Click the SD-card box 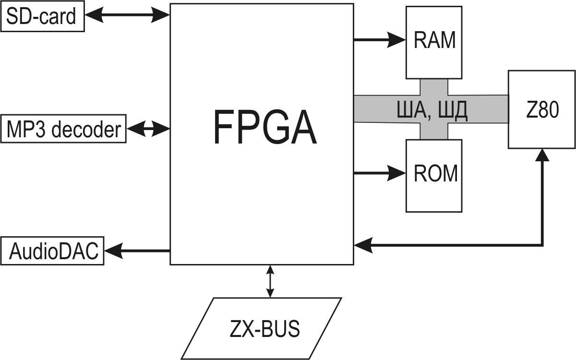tap(43, 17)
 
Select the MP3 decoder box tap(64, 129)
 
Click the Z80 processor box tap(542, 109)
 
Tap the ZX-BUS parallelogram tap(262, 329)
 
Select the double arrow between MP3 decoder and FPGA tap(148, 129)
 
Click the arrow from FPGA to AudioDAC tap(137, 250)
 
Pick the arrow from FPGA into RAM tap(379, 40)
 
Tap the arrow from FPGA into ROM tap(379, 173)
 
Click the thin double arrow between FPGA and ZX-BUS tap(270, 281)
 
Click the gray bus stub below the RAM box tap(434, 86)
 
